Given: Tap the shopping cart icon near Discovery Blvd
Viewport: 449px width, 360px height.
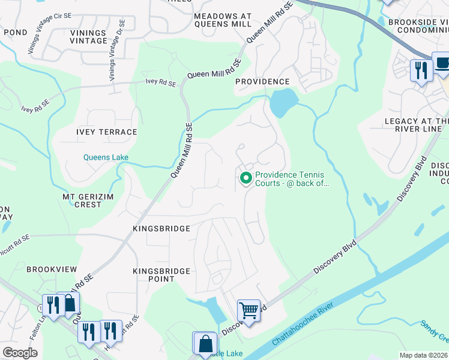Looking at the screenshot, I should pos(249,310).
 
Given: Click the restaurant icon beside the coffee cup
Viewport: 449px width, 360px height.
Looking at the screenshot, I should pos(421,70).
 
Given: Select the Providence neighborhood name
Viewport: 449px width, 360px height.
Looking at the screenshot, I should pos(262,82).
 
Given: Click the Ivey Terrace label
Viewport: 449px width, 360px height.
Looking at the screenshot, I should pos(107,132).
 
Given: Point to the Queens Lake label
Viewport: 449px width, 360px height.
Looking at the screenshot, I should pos(106,158).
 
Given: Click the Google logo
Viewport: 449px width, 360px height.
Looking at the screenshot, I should pos(20,352).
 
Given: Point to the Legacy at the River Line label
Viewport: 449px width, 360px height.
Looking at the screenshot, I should pos(417,126).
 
